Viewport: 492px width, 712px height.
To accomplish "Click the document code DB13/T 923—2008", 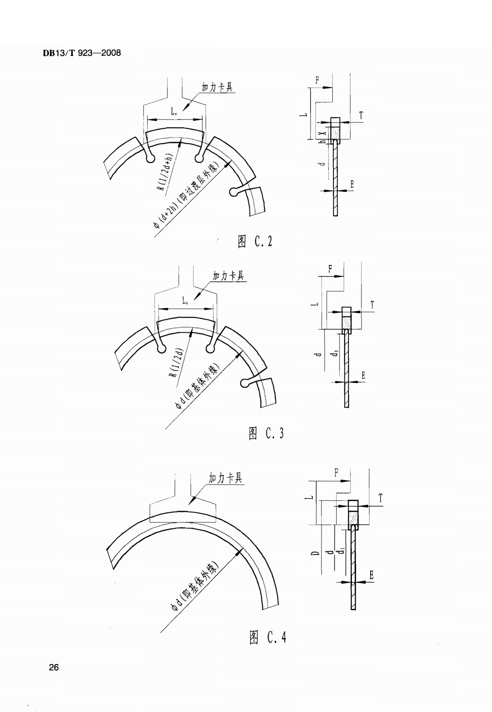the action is (x=82, y=53).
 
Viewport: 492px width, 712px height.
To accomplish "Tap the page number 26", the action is (x=54, y=667).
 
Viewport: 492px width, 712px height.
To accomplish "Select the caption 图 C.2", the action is (x=255, y=241).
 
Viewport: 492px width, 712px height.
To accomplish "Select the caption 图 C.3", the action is (x=266, y=433).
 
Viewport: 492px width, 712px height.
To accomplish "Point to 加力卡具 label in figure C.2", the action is (x=217, y=87).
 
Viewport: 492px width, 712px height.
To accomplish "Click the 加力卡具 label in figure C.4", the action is (x=225, y=478).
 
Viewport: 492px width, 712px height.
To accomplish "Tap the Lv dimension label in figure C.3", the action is (x=185, y=300).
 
